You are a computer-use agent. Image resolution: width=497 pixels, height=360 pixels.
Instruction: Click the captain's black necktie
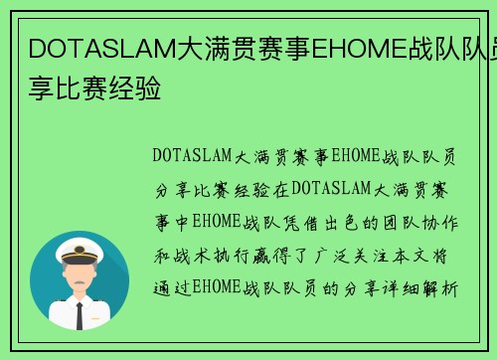pos(80,314)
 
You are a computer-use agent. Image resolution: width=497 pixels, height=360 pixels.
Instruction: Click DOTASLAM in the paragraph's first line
pos(192,155)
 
